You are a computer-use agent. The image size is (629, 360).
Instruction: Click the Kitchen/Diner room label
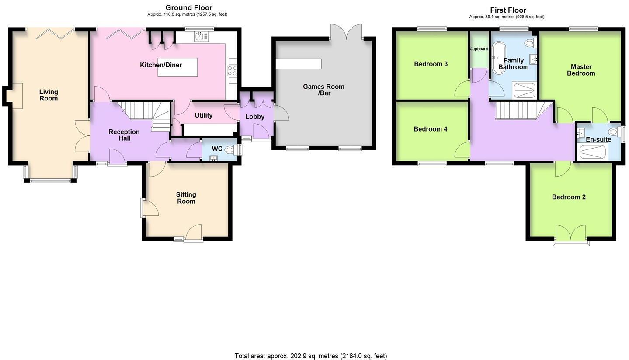click(160, 65)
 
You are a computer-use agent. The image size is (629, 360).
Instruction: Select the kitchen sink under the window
click(201, 37)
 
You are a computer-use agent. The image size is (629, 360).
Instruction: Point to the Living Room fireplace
click(17, 96)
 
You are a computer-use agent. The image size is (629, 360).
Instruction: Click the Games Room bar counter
click(299, 64)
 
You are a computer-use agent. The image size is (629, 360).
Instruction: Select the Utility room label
click(203, 115)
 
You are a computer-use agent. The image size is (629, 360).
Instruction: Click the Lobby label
click(255, 117)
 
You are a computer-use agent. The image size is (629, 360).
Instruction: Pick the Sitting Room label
click(186, 198)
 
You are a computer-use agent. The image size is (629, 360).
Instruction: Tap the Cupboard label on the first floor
click(479, 49)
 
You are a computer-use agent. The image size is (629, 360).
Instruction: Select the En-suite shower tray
click(593, 152)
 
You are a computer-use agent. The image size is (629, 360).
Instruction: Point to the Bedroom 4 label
click(430, 129)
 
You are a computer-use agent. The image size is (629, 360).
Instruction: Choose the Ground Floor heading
click(189, 7)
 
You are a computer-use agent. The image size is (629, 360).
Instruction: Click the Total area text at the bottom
click(310, 356)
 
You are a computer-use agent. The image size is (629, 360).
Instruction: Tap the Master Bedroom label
click(581, 70)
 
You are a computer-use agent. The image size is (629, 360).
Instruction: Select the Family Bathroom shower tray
click(524, 90)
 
